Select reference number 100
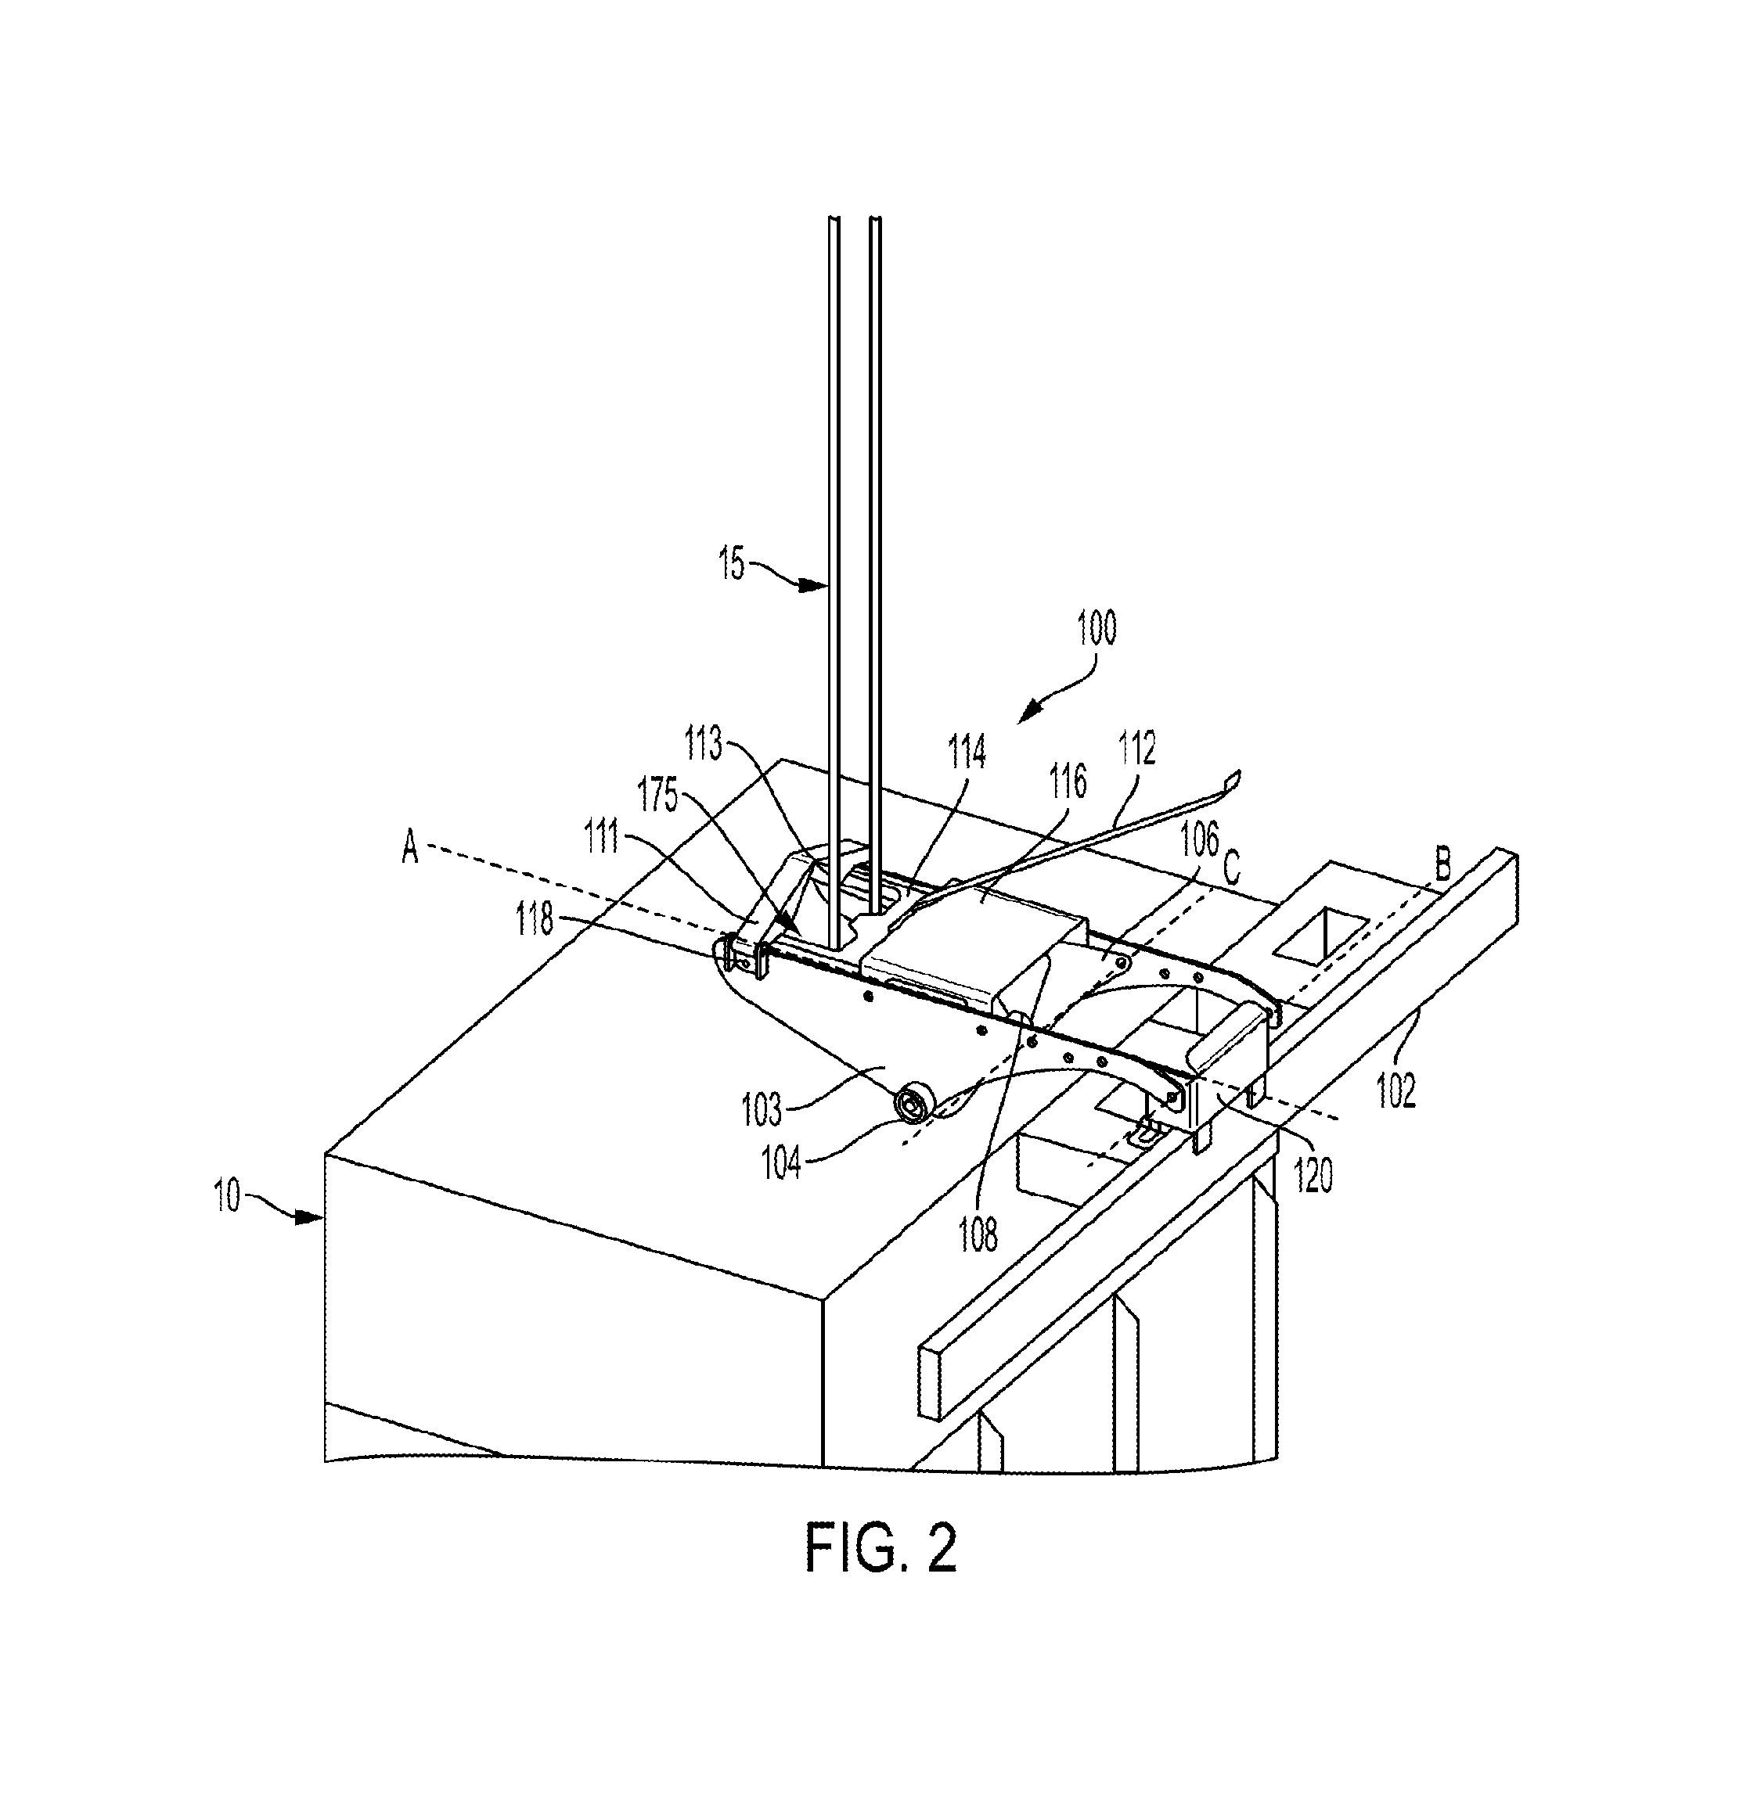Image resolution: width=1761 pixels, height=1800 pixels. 1097,627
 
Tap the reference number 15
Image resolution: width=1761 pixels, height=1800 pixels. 732,563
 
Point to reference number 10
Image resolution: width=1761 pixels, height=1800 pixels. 228,1195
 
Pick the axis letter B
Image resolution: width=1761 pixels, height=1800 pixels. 1442,868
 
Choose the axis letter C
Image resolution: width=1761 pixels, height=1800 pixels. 1230,869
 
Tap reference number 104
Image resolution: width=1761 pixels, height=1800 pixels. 783,1162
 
